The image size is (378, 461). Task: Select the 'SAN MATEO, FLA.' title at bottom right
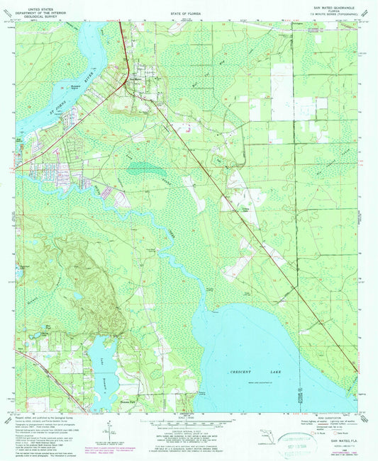tap(337, 440)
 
